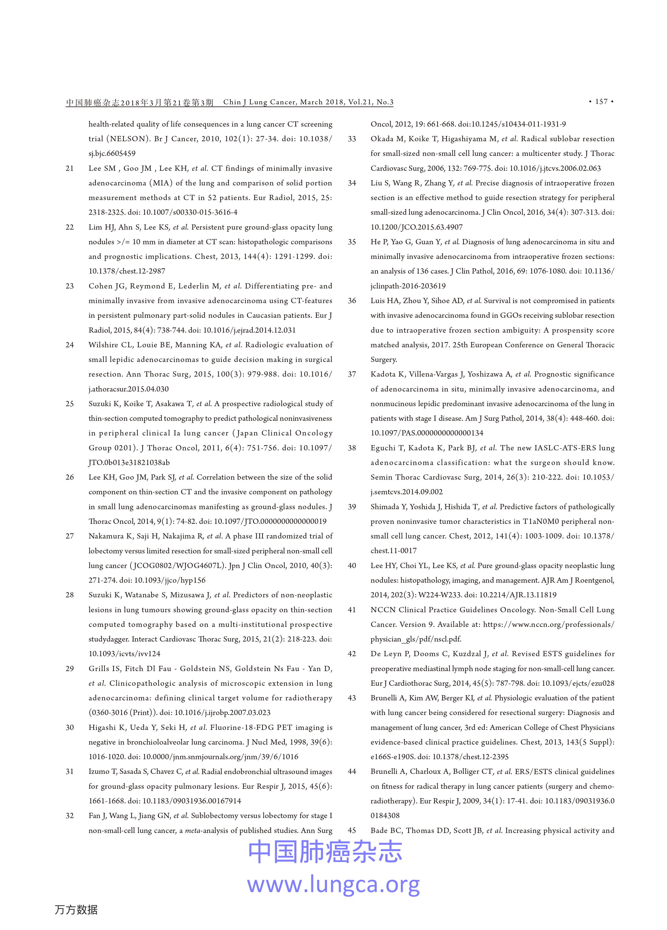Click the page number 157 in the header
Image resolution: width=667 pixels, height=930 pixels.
click(601, 102)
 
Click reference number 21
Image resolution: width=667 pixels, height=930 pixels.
click(70, 168)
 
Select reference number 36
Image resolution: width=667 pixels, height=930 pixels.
click(352, 301)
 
